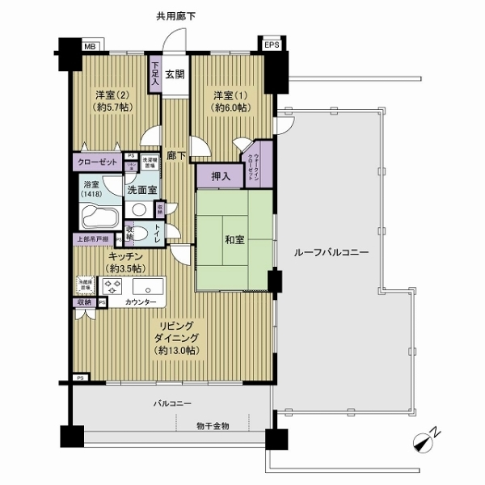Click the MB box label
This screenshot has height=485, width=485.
point(90,46)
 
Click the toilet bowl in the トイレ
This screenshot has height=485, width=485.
point(140,234)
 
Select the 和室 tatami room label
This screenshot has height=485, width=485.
point(235,239)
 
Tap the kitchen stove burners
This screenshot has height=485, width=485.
point(112,286)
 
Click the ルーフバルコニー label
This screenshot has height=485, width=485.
point(327,253)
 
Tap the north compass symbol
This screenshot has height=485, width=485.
point(426,441)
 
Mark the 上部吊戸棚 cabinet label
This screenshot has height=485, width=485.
point(94,239)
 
